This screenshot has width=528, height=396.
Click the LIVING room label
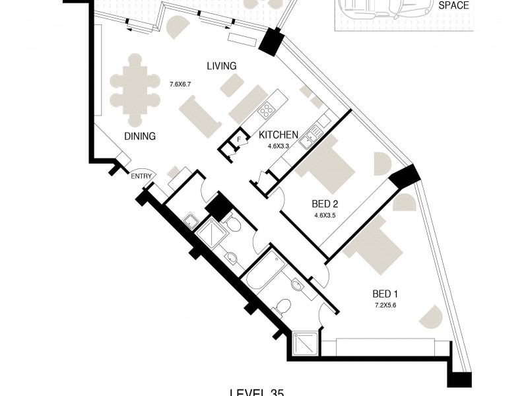tap(221, 66)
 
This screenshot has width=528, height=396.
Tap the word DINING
tap(139, 137)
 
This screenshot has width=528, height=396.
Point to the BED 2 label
tap(325, 204)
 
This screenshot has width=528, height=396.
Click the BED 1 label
tap(387, 294)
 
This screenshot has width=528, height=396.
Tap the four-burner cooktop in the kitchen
tap(267, 110)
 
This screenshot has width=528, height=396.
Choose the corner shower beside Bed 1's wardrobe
tap(304, 345)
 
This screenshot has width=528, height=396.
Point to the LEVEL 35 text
tap(257, 393)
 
